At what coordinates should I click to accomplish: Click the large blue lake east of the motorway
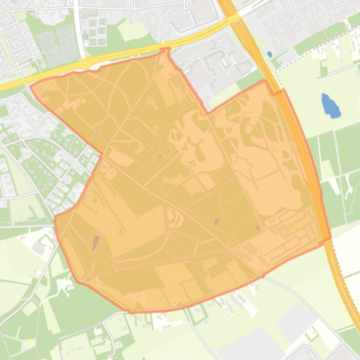(x=330, y=106)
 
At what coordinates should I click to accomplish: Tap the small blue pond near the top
(x=270, y=54)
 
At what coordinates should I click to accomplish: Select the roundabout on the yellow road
(x=85, y=63)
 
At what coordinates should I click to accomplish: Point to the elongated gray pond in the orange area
(x=96, y=242)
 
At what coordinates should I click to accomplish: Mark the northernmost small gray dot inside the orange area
(x=160, y=157)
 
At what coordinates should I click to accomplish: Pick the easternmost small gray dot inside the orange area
(x=258, y=228)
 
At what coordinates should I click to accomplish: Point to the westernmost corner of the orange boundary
(x=31, y=86)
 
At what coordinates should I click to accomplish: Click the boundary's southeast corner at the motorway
(x=330, y=238)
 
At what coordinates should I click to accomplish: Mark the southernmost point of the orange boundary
(x=130, y=311)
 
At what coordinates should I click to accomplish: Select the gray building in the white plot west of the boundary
(x=38, y=248)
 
